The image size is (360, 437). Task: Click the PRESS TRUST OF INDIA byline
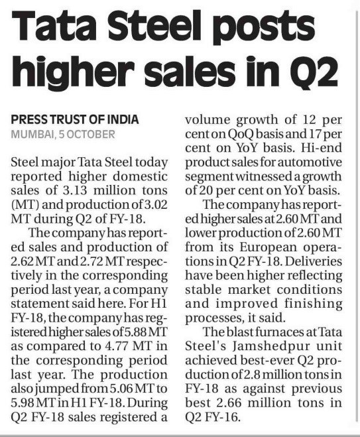pos(75,120)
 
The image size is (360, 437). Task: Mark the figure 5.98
pos(23,403)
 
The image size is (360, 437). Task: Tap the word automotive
pos(314,162)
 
